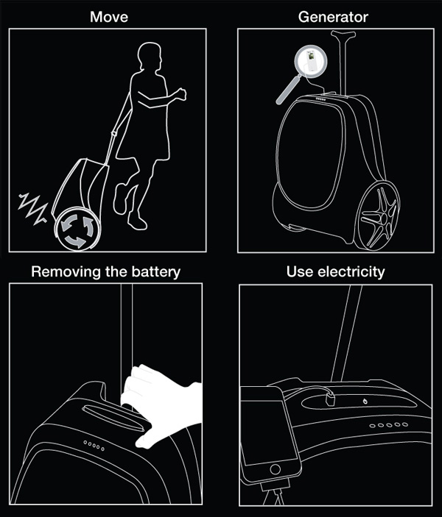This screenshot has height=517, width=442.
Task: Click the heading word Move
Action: (x=109, y=17)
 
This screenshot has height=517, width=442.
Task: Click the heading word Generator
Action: (x=333, y=17)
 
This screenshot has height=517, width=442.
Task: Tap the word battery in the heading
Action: (x=156, y=272)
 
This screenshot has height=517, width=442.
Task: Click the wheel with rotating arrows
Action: (x=78, y=229)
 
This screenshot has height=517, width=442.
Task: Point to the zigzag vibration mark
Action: (x=33, y=208)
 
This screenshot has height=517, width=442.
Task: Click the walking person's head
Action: (x=150, y=56)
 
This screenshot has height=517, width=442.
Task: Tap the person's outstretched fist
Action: (x=180, y=93)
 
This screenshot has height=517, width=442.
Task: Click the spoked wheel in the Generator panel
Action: (x=378, y=216)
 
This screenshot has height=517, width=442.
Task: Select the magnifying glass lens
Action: (x=311, y=61)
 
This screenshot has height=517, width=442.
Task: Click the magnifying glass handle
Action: (x=288, y=90)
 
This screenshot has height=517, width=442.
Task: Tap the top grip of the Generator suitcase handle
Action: (x=343, y=35)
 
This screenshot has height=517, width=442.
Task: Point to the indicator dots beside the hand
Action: (x=94, y=446)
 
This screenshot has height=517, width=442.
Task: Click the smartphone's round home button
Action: (x=275, y=468)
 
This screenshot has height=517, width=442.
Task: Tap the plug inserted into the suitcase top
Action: (x=330, y=399)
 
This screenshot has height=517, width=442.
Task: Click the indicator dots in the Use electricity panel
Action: (x=388, y=425)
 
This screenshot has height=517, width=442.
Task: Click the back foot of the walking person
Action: (x=120, y=199)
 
